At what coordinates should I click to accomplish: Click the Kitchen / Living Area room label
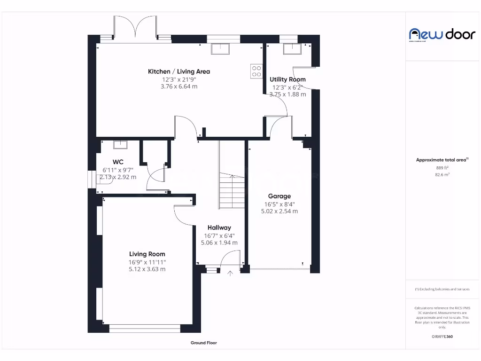click(x=179, y=71)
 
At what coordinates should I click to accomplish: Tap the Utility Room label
click(x=287, y=79)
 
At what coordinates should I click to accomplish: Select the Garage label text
click(x=279, y=196)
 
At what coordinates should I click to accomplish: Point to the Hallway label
click(x=219, y=228)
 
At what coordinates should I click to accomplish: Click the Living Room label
click(x=147, y=254)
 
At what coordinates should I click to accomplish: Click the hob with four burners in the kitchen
click(x=256, y=71)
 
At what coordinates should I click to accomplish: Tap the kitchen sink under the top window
click(x=219, y=48)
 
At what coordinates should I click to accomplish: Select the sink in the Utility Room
click(x=291, y=48)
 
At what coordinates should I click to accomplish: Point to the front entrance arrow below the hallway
click(x=230, y=274)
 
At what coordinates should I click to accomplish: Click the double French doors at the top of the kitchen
click(x=135, y=27)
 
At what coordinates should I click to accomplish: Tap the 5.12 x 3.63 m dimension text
click(x=147, y=269)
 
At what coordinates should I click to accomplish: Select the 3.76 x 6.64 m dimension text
click(x=179, y=86)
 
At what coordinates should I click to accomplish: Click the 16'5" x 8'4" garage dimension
click(x=279, y=204)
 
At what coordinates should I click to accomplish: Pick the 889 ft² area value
click(x=442, y=167)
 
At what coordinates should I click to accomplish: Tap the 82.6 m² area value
click(x=442, y=174)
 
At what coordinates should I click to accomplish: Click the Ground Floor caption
click(x=203, y=343)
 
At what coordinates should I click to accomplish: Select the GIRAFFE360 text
click(x=442, y=337)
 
